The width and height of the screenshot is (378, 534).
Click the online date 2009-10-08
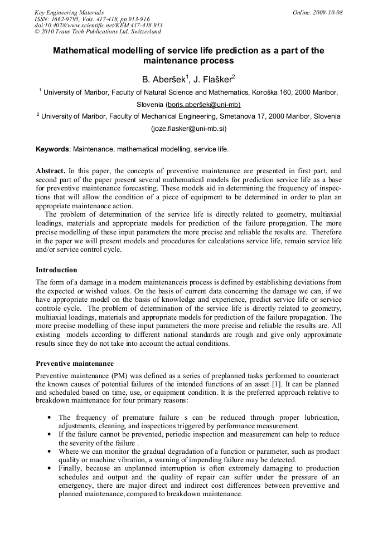click(x=327, y=12)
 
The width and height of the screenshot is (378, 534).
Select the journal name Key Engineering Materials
click(x=69, y=12)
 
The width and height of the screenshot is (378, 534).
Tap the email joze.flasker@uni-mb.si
click(x=188, y=128)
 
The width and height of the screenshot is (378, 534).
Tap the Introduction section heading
click(x=56, y=270)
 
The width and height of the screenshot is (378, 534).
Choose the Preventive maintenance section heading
click(x=75, y=364)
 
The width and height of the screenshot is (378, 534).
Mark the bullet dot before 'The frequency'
click(x=51, y=417)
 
